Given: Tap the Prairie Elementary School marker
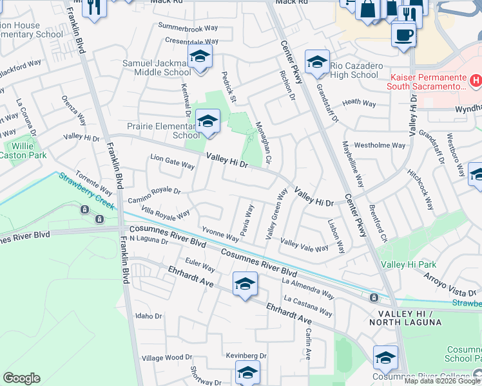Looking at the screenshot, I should [x=207, y=122].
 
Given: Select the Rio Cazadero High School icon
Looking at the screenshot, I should [x=317, y=62].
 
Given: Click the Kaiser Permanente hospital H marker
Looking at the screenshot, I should [x=476, y=81].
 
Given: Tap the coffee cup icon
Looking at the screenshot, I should [x=404, y=35].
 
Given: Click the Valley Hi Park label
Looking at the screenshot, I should [x=409, y=264].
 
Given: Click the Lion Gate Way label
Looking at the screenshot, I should [x=172, y=165].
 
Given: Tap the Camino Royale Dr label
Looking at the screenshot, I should [x=154, y=191].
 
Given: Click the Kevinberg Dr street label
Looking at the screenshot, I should [x=246, y=355].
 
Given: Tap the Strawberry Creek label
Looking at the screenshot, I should [x=86, y=190].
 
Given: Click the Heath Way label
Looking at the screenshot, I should [x=359, y=102].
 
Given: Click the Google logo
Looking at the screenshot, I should [x=21, y=378].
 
